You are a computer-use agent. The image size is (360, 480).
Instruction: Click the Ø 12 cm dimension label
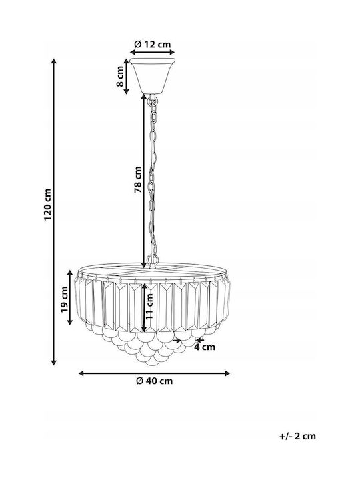pos(153,45)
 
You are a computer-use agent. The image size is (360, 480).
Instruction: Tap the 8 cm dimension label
pos(120,76)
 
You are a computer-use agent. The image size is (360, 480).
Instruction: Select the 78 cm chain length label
pos(138,180)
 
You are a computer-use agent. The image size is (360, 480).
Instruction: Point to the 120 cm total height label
pos(47,205)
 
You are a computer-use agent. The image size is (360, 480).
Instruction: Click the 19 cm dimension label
pos(64,299)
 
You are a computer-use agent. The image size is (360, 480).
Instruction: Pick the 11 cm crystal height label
pos(149,307)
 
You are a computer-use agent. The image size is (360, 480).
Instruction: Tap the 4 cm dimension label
pos(205,347)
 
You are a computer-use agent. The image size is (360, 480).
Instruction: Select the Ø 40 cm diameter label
pos(154,381)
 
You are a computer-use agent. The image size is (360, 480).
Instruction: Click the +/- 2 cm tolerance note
pos(297,436)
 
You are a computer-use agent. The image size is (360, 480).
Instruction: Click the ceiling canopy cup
pos(152,75)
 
